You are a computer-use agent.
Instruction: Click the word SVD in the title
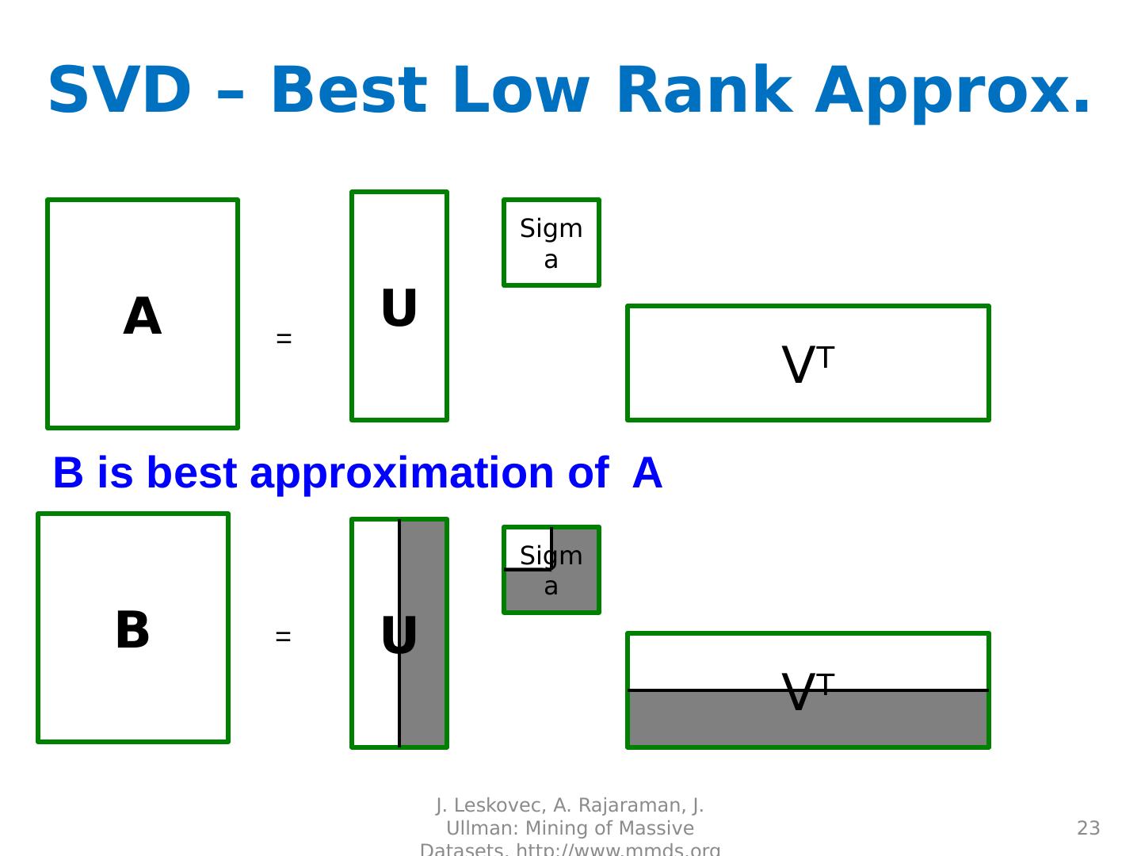click(x=120, y=90)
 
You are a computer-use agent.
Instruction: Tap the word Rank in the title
click(x=700, y=90)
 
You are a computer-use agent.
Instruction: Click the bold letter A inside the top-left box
click(x=143, y=317)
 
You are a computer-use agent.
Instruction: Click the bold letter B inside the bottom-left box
click(x=132, y=631)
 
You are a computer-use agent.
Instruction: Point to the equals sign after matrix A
click(x=284, y=339)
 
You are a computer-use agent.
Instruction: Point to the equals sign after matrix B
click(x=283, y=636)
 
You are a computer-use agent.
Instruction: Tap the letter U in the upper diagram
click(x=399, y=309)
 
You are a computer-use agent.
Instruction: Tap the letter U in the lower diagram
click(x=399, y=636)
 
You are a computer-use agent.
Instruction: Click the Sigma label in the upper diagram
click(x=551, y=243)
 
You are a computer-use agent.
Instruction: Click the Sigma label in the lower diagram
click(x=551, y=571)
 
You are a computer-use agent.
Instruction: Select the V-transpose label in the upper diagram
click(x=807, y=365)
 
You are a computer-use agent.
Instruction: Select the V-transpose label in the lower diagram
click(x=807, y=692)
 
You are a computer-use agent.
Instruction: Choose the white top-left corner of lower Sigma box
click(x=526, y=547)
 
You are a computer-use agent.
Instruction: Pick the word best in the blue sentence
click(x=191, y=473)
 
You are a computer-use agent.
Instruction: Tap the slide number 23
click(x=1088, y=828)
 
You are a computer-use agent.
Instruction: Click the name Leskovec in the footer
click(x=496, y=806)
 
